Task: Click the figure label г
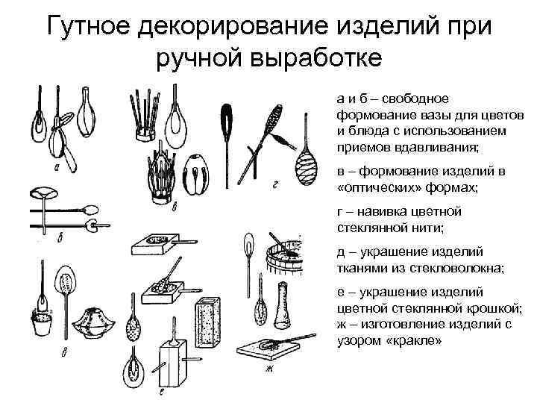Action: (276, 181)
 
